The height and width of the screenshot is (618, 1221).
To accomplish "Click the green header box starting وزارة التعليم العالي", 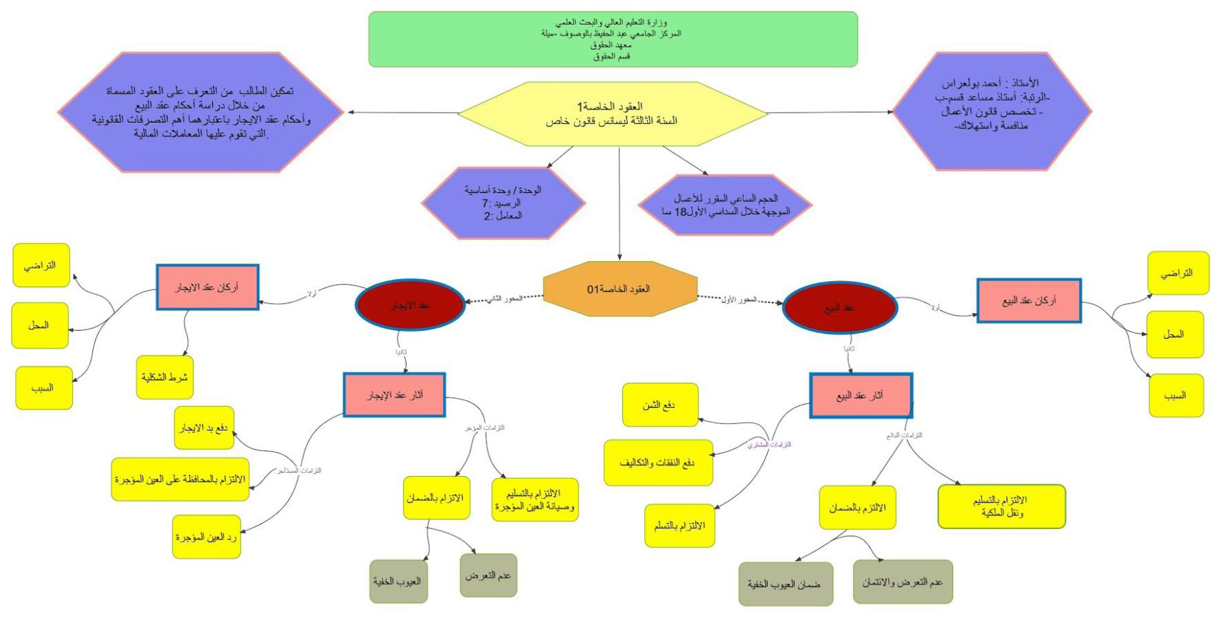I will pyautogui.click(x=613, y=39).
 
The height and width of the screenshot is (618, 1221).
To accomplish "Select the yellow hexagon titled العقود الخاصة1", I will pyautogui.click(x=613, y=114).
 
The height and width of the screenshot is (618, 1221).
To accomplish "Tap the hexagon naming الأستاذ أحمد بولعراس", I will pyautogui.click(x=992, y=111).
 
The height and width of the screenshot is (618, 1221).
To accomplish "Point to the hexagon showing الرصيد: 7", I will pyautogui.click(x=503, y=203).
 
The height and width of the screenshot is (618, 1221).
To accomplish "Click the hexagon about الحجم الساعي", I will pyautogui.click(x=725, y=205).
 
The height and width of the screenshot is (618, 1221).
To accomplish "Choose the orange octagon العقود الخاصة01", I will pyautogui.click(x=620, y=289).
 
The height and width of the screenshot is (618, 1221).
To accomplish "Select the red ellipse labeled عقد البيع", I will pyautogui.click(x=840, y=307).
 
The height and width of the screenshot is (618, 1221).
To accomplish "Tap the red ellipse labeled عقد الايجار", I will pyautogui.click(x=410, y=305).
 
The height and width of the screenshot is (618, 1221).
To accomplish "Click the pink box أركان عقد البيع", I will pyautogui.click(x=1029, y=300).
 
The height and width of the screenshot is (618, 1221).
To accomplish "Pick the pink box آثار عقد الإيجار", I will pyautogui.click(x=394, y=395).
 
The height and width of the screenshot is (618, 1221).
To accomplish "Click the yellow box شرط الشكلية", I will pyautogui.click(x=165, y=378).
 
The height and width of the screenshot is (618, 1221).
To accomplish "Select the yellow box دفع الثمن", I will pyautogui.click(x=659, y=405).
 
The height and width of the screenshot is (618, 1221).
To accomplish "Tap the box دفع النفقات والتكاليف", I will pyautogui.click(x=658, y=462).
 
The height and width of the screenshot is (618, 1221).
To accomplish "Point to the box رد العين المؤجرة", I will pyautogui.click(x=207, y=537).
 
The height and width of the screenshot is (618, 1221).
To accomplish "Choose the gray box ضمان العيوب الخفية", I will pyautogui.click(x=785, y=584).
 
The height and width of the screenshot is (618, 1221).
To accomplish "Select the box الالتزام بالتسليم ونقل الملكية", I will pyautogui.click(x=1001, y=506).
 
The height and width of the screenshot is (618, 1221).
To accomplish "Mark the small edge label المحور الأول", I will pyautogui.click(x=739, y=300).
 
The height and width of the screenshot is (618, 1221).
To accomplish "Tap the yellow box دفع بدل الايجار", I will pyautogui.click(x=204, y=428).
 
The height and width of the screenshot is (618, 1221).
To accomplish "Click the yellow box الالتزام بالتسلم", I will pyautogui.click(x=679, y=526).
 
